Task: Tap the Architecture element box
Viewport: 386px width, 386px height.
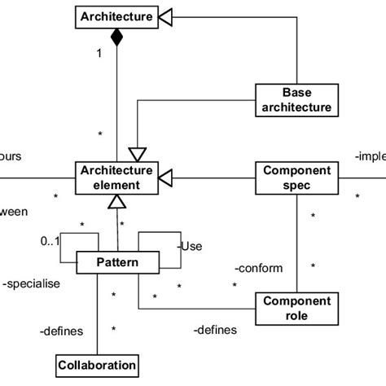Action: [x=115, y=177]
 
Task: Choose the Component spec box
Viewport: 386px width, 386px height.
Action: [x=296, y=177]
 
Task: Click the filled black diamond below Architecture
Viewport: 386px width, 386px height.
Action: [x=116, y=37]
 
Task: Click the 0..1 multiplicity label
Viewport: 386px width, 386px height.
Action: [x=50, y=242]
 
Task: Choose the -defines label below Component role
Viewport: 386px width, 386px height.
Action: [x=215, y=330]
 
